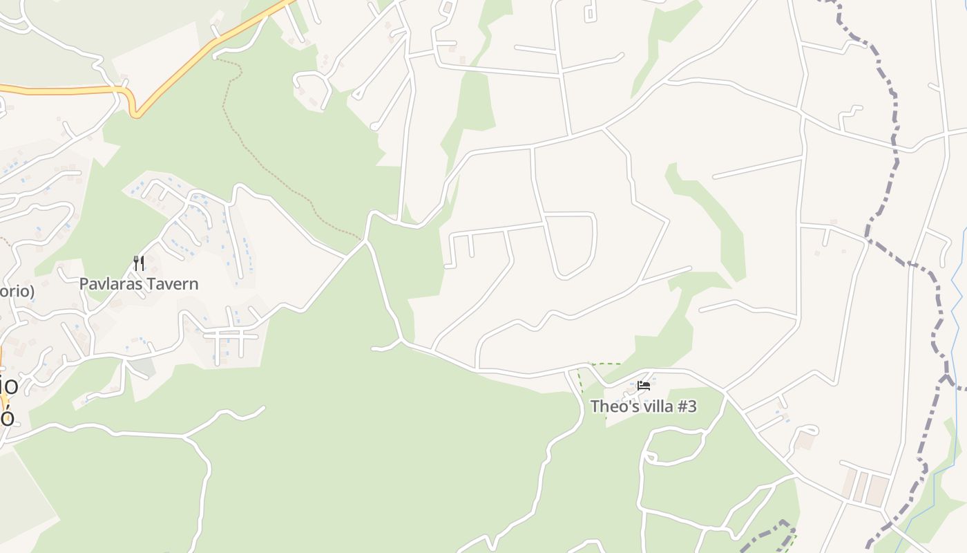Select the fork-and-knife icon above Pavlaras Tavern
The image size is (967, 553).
click(x=139, y=263)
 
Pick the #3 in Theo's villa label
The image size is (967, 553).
click(x=687, y=406)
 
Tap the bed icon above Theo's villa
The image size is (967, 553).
click(x=644, y=386)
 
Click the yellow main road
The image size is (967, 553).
click(x=62, y=90)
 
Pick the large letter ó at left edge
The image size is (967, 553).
click(x=6, y=418)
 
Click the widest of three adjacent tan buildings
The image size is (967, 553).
click(x=878, y=490)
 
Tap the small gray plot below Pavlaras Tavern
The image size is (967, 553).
click(x=142, y=366)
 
